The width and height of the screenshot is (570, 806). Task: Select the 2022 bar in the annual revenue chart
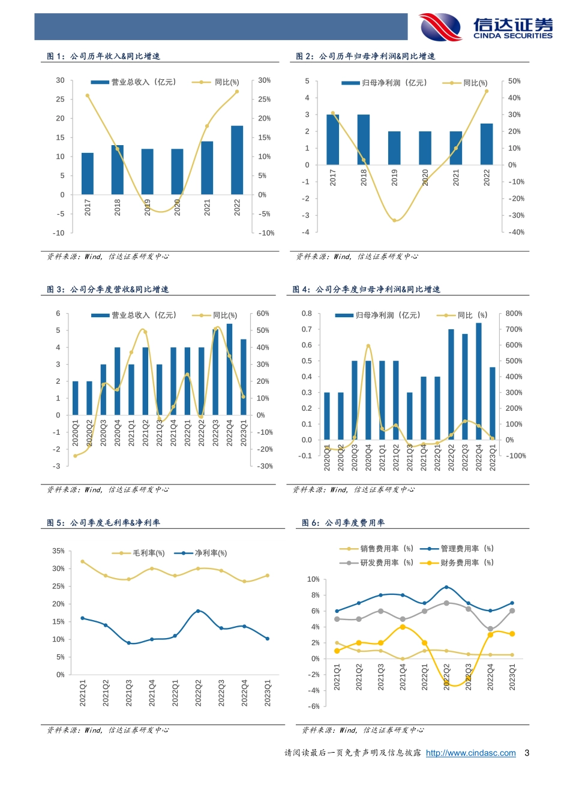coord(237,160)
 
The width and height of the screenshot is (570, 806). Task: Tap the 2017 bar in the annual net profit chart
coord(332,139)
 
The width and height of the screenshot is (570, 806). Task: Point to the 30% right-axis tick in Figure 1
coord(264,80)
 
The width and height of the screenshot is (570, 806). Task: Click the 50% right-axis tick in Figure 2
coord(514,81)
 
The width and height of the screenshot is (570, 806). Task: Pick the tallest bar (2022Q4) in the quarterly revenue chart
coord(229,369)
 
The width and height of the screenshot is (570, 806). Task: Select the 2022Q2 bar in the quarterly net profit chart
coord(451,384)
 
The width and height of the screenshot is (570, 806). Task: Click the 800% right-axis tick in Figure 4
coord(514,314)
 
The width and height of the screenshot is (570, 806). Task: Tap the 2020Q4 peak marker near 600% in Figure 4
coord(368,345)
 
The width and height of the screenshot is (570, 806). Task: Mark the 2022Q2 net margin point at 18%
coord(198,611)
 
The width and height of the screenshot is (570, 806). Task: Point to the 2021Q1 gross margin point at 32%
coord(82,561)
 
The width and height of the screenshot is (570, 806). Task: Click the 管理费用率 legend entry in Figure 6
coord(458,549)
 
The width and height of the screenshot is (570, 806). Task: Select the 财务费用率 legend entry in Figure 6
coord(458,563)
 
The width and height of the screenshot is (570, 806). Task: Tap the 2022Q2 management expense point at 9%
coord(446,587)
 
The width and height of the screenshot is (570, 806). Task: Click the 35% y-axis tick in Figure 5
coord(58,551)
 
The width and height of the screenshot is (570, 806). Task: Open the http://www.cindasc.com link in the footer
coord(470,753)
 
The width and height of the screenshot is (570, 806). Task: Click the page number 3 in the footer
coord(527,753)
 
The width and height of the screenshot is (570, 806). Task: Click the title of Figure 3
coord(108,290)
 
